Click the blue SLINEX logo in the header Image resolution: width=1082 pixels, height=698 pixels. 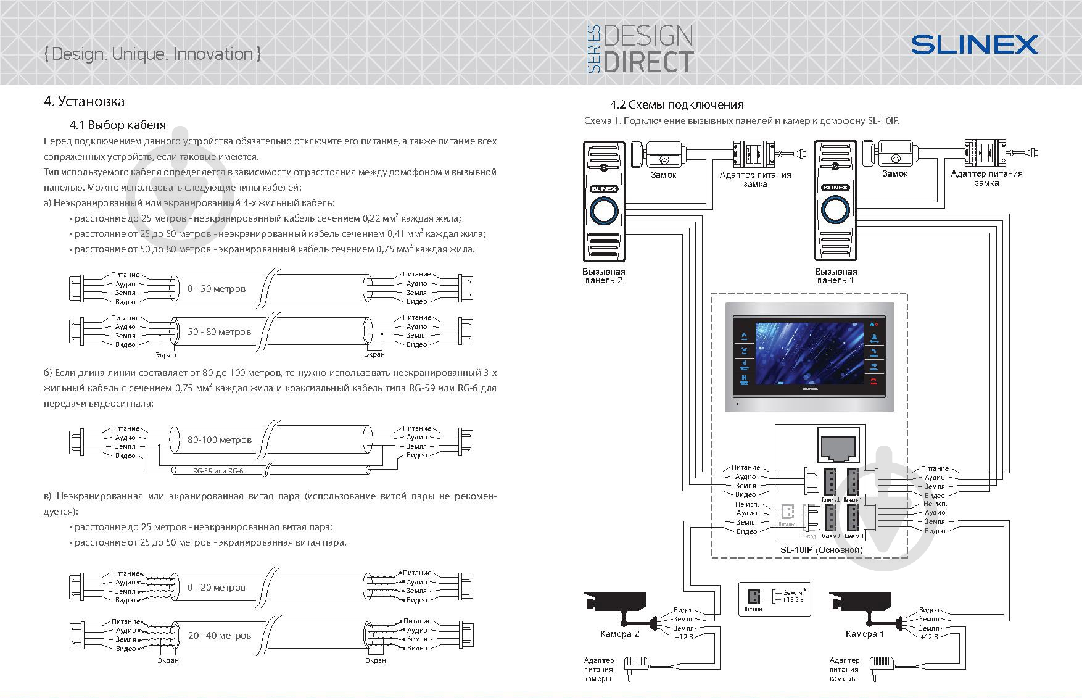(x=975, y=44)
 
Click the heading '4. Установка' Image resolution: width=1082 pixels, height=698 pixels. (x=84, y=101)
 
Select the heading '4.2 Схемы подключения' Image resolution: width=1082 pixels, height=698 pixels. (x=677, y=105)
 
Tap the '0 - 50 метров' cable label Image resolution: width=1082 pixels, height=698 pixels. (x=217, y=289)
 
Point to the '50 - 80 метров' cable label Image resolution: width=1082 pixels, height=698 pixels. (x=219, y=332)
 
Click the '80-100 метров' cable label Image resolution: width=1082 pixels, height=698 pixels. (x=220, y=440)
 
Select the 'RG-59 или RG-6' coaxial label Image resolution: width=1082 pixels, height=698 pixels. (x=218, y=471)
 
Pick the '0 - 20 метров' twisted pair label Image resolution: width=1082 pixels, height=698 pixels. (x=217, y=588)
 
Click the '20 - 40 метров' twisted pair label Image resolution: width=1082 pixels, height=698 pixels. (x=219, y=636)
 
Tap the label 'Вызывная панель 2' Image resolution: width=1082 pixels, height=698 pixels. (x=604, y=276)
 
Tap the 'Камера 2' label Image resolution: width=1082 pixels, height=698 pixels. (x=619, y=634)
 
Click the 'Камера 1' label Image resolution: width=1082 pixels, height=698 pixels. (x=865, y=634)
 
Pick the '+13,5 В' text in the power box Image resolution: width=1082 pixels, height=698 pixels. (x=793, y=599)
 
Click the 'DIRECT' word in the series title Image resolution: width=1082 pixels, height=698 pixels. (x=648, y=62)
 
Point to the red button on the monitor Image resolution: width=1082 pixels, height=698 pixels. (x=873, y=381)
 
